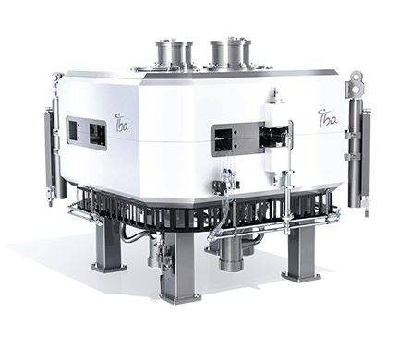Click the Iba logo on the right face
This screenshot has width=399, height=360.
click(327, 119)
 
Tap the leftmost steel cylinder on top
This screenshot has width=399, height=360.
click(163, 54)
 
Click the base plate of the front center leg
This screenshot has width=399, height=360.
click(180, 296)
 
